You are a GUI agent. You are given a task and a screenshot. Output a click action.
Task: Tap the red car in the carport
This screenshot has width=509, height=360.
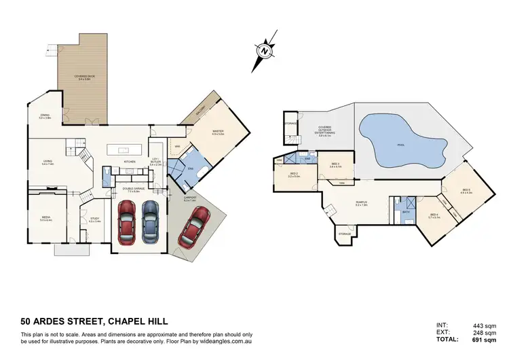click(193, 227)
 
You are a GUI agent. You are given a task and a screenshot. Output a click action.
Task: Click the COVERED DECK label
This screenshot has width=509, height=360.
click(85, 77)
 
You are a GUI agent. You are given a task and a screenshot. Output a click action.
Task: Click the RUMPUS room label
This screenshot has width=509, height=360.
click(362, 203)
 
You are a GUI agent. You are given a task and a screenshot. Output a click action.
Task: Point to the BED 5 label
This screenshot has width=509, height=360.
click(466, 191)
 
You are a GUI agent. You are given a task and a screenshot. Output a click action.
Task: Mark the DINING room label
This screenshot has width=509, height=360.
click(45, 116)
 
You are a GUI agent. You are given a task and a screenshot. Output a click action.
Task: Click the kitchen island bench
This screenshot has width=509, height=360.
click(129, 149)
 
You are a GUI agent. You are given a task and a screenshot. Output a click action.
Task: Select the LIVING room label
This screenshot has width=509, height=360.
click(48, 162)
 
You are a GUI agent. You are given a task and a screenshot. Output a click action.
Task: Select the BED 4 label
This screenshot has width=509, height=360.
click(434, 216)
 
